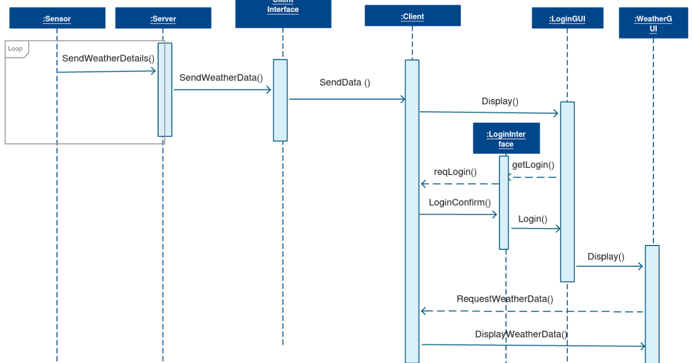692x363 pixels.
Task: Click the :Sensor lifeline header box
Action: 57,18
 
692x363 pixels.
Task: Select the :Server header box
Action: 163,18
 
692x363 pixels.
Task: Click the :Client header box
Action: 412,16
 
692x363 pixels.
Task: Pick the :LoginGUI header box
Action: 567,18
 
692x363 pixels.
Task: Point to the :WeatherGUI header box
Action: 653,24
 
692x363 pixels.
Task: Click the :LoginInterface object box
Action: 506,138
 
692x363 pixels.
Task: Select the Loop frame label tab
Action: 16,49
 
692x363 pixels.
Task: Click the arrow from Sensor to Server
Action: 107,71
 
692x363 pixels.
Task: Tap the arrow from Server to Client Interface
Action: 223,90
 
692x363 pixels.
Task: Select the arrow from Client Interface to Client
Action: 346,100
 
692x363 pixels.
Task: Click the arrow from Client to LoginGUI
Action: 489,113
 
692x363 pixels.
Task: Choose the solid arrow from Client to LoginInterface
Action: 458,214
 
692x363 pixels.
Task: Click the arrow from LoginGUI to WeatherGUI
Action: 609,266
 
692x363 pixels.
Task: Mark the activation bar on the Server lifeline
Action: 165,89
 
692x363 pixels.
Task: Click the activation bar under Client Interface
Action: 280,100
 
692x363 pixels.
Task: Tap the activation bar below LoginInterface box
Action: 504,202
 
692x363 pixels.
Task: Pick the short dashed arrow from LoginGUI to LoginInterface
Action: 532,177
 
